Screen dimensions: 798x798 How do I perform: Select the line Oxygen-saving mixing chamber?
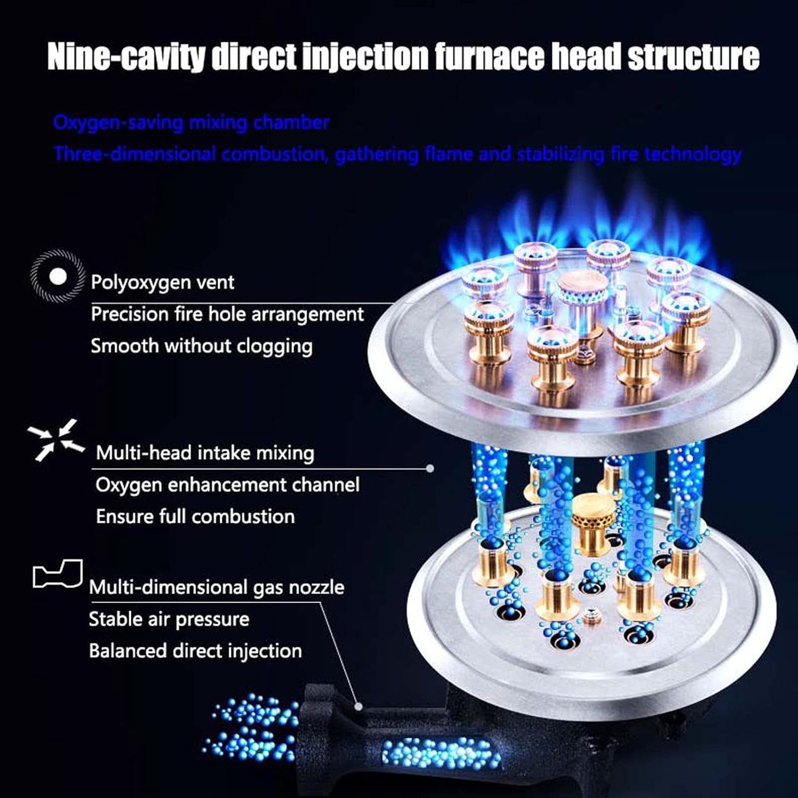191,122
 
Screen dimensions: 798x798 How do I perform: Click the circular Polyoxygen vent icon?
57,277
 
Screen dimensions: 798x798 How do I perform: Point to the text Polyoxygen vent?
162,282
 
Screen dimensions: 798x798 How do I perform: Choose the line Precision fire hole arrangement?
227,314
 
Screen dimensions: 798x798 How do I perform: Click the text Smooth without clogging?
201,346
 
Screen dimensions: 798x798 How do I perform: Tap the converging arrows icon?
56,440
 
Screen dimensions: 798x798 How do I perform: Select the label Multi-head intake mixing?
205,453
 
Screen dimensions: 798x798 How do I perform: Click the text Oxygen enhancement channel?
227,485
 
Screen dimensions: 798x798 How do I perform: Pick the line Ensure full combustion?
195,517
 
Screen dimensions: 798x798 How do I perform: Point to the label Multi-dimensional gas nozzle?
216,587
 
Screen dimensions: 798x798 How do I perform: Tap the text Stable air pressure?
169,619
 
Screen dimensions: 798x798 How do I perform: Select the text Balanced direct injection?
195,651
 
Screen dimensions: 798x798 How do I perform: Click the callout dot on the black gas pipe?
359,706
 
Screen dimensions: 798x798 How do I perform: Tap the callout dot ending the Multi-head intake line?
430,468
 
